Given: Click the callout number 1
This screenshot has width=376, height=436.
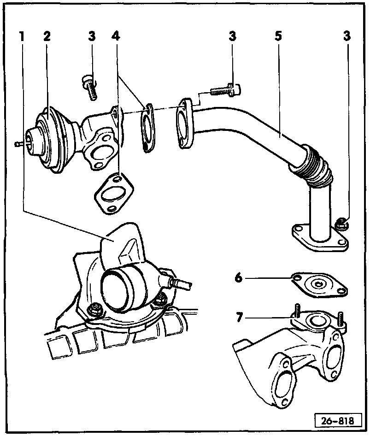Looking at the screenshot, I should click(21, 36).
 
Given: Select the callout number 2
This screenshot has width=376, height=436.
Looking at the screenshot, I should click(47, 36).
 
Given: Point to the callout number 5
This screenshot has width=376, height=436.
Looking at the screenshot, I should click(278, 36).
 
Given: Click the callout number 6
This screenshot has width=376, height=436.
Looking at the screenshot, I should click(238, 278).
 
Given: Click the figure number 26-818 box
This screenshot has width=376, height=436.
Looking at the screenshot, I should click(338, 420).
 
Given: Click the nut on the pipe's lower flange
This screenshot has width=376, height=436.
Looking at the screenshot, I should click(341, 224).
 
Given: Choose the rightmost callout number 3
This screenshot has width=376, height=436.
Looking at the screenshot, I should click(347, 36).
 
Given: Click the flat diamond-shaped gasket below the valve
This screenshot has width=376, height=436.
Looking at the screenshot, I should click(112, 193).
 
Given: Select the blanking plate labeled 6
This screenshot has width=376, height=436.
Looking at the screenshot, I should click(318, 285).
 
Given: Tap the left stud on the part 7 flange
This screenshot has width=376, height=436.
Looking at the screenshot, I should click(297, 310).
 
